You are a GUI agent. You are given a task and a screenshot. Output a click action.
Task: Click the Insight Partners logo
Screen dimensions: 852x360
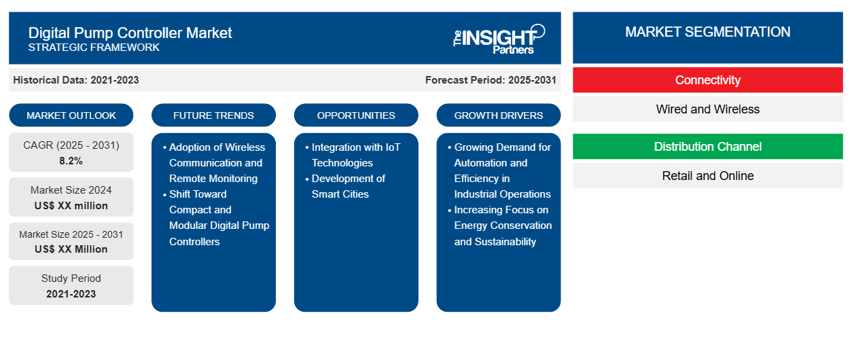pyautogui.click(x=499, y=39)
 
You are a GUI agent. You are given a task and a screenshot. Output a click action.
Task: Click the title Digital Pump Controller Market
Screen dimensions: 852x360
pyautogui.click(x=130, y=33)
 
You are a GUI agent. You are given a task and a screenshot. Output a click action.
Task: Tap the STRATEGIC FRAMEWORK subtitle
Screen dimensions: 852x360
pyautogui.click(x=94, y=48)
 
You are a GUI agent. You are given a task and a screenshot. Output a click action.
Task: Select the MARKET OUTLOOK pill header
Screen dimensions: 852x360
pyautogui.click(x=71, y=115)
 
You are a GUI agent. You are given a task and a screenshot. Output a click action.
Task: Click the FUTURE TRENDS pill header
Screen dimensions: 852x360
pyautogui.click(x=213, y=115)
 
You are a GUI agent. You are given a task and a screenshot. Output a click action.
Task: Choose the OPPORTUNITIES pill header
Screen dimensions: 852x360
pyautogui.click(x=356, y=115)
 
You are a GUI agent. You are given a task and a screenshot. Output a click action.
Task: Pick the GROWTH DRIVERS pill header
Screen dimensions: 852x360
pyautogui.click(x=498, y=115)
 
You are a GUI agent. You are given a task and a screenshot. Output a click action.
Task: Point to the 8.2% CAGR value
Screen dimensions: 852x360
pyautogui.click(x=71, y=161)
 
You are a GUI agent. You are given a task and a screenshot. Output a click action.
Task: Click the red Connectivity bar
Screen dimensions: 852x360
pyautogui.click(x=707, y=80)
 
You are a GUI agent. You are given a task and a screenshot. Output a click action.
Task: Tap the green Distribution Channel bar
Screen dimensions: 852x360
pyautogui.click(x=707, y=146)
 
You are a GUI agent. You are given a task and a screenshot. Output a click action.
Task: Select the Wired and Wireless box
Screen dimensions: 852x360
pyautogui.click(x=707, y=109)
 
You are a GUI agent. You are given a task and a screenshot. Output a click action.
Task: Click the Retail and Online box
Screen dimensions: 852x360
pyautogui.click(x=707, y=176)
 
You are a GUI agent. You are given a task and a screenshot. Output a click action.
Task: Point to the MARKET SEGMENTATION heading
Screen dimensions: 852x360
pyautogui.click(x=707, y=32)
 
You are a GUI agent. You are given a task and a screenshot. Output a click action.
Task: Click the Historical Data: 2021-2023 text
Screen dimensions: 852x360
pyautogui.click(x=76, y=80)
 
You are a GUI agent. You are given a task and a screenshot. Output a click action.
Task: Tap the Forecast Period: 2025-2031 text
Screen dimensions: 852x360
pyautogui.click(x=491, y=80)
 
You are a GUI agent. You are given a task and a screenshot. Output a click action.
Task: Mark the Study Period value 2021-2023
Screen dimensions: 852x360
pyautogui.click(x=71, y=294)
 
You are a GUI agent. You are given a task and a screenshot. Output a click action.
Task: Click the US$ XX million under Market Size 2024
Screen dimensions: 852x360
pyautogui.click(x=71, y=206)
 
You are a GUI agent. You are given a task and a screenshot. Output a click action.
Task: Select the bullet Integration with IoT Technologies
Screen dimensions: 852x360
pyautogui.click(x=353, y=155)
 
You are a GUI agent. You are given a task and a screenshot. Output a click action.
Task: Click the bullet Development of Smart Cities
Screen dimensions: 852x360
pyautogui.click(x=345, y=186)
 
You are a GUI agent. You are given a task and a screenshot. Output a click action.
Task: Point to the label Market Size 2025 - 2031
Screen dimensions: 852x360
pyautogui.click(x=71, y=234)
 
